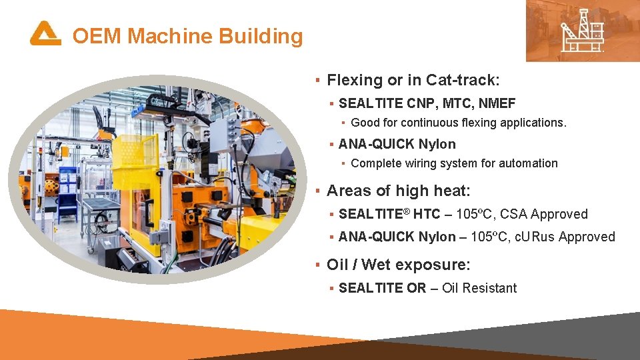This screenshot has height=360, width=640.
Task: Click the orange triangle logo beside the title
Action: tap(45, 34)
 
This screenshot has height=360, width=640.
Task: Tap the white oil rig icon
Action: tap(583, 31)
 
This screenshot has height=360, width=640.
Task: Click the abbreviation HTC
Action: tap(427, 215)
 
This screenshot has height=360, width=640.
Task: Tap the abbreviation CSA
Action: tap(513, 215)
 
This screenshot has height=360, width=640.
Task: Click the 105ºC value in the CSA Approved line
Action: tap(474, 215)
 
